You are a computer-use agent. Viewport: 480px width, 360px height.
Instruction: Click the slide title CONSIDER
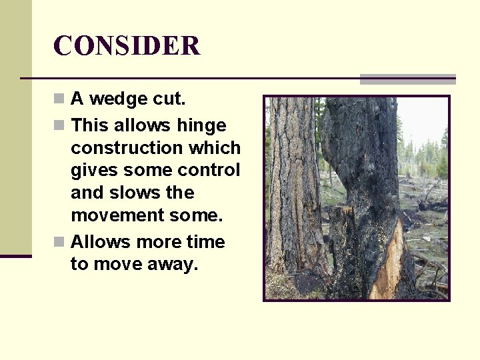(127, 46)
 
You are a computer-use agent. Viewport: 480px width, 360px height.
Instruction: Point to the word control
(211, 170)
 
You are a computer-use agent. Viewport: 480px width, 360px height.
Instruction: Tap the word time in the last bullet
(205, 241)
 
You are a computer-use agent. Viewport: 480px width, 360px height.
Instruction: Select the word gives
(93, 170)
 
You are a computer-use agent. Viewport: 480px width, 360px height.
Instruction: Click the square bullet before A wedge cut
(60, 99)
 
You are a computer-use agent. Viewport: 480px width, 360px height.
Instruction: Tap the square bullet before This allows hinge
(60, 125)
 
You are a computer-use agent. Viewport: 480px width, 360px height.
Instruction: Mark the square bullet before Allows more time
(60, 241)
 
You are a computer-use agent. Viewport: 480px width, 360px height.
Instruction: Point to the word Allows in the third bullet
(99, 241)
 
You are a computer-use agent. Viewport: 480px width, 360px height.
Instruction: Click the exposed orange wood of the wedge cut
(389, 263)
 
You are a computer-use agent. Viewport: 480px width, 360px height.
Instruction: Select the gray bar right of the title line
(407, 79)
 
